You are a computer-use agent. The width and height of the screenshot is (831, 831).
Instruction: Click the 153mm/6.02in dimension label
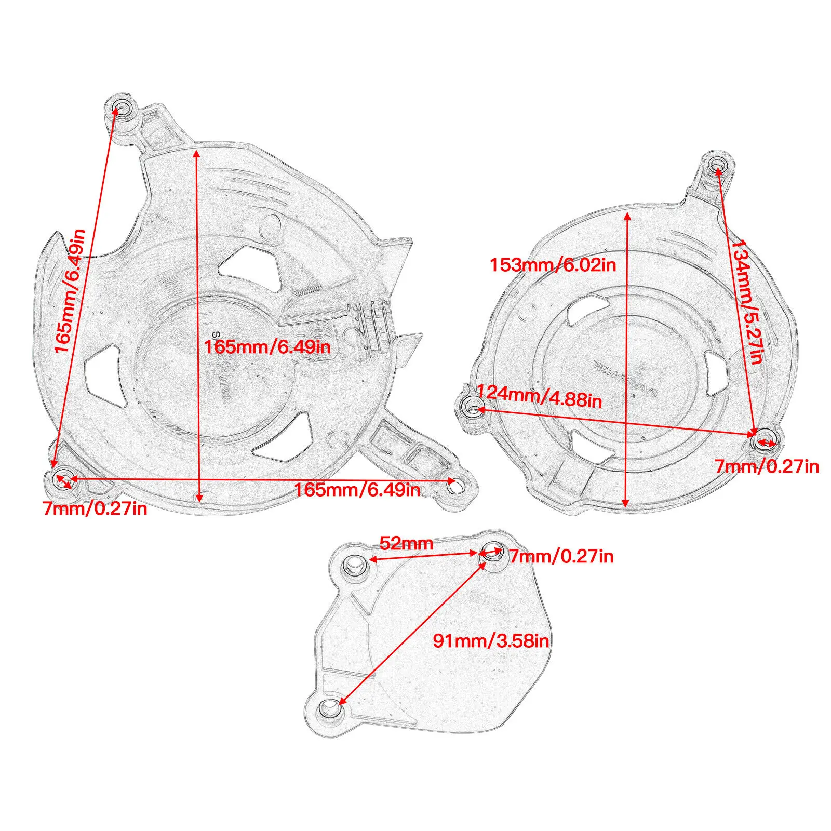click(553, 265)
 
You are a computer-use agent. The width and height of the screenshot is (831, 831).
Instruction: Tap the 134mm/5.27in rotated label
click(747, 301)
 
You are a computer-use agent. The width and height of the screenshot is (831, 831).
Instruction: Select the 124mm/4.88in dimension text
click(539, 397)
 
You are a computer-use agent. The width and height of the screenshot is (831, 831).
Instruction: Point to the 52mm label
click(406, 543)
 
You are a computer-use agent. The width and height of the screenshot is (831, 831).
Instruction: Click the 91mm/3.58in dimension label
click(491, 640)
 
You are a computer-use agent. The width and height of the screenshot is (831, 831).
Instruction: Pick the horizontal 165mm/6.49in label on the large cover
click(357, 489)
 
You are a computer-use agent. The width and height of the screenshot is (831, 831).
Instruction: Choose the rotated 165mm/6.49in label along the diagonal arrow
click(70, 291)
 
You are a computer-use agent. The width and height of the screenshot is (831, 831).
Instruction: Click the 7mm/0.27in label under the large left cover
click(95, 508)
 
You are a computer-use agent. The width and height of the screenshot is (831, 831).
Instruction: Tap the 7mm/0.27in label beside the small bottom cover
click(561, 556)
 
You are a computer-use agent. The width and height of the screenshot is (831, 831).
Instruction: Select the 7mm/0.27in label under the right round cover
click(767, 466)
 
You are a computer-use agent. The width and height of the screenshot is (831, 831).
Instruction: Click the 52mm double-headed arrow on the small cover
click(423, 555)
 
